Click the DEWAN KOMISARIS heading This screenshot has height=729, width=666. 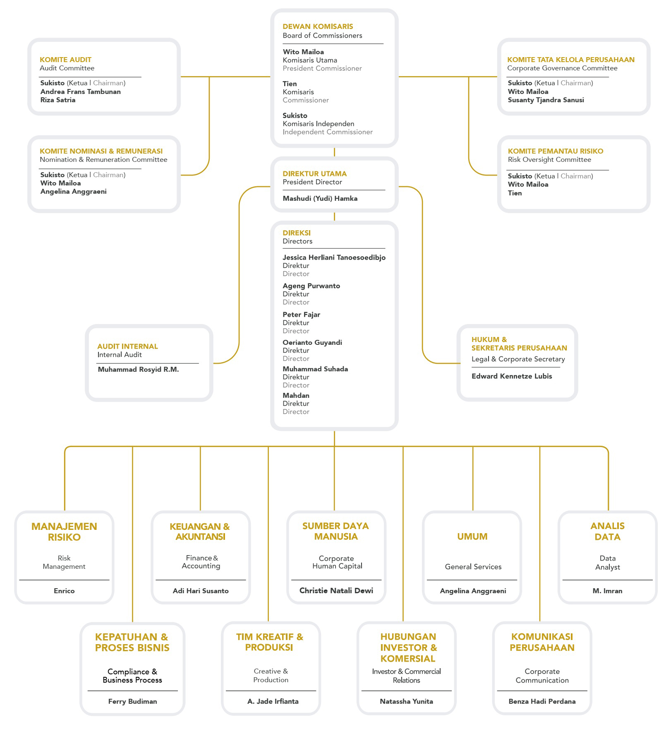318,26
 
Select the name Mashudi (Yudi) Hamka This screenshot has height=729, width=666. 320,199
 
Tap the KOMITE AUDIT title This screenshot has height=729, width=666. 65,60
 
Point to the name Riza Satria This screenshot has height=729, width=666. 58,100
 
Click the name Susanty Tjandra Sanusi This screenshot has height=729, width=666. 546,100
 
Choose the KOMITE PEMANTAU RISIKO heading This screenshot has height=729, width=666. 556,151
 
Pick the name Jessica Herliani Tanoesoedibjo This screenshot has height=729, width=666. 334,257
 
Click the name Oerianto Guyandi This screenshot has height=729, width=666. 312,342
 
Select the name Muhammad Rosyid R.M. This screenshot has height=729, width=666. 138,369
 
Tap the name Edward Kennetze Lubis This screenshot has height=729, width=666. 512,376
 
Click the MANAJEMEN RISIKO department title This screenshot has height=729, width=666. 64,532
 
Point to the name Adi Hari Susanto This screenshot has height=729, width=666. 201,591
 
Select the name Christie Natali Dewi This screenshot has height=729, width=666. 336,591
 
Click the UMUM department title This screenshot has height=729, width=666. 472,537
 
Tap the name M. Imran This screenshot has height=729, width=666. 607,591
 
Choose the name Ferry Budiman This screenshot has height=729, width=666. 132,701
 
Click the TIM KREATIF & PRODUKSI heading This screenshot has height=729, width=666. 270,642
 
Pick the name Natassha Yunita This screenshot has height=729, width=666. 406,701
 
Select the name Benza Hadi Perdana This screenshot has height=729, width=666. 542,701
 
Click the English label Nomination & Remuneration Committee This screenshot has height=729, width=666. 103,160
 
